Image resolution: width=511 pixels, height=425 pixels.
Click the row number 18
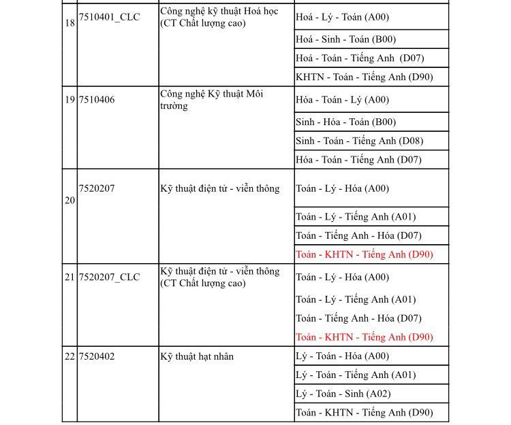pyautogui.click(x=69, y=23)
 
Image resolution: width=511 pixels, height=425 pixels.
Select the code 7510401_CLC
pyautogui.click(x=109, y=17)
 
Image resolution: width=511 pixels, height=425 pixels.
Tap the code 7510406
pyautogui.click(x=97, y=100)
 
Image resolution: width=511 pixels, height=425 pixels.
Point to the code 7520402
pyautogui.click(x=97, y=356)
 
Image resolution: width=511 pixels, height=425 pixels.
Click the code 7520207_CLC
pyautogui.click(x=109, y=277)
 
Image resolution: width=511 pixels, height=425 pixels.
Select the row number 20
pyautogui.click(x=69, y=201)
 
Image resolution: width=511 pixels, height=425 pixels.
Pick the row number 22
pyautogui.click(x=69, y=356)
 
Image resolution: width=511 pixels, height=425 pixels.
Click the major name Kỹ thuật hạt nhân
pyautogui.click(x=197, y=356)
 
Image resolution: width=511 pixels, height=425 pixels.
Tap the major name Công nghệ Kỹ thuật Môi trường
pyautogui.click(x=211, y=100)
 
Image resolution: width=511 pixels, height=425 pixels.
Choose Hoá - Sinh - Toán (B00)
pyautogui.click(x=345, y=39)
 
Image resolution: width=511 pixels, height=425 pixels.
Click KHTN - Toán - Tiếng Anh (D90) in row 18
pyautogui.click(x=364, y=78)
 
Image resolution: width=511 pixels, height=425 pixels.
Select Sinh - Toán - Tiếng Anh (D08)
pyautogui.click(x=359, y=141)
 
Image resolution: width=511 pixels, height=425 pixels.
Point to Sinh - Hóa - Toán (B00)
pyautogui.click(x=345, y=122)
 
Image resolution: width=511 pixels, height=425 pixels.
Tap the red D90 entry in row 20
pyautogui.click(x=364, y=255)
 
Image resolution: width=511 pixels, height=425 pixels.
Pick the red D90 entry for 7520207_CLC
pyautogui.click(x=364, y=337)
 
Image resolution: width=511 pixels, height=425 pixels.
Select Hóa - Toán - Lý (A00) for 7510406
pyautogui.click(x=342, y=100)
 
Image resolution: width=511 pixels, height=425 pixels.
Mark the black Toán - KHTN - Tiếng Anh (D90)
pyautogui.click(x=364, y=413)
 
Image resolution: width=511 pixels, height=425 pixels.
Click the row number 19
pyautogui.click(x=69, y=100)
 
